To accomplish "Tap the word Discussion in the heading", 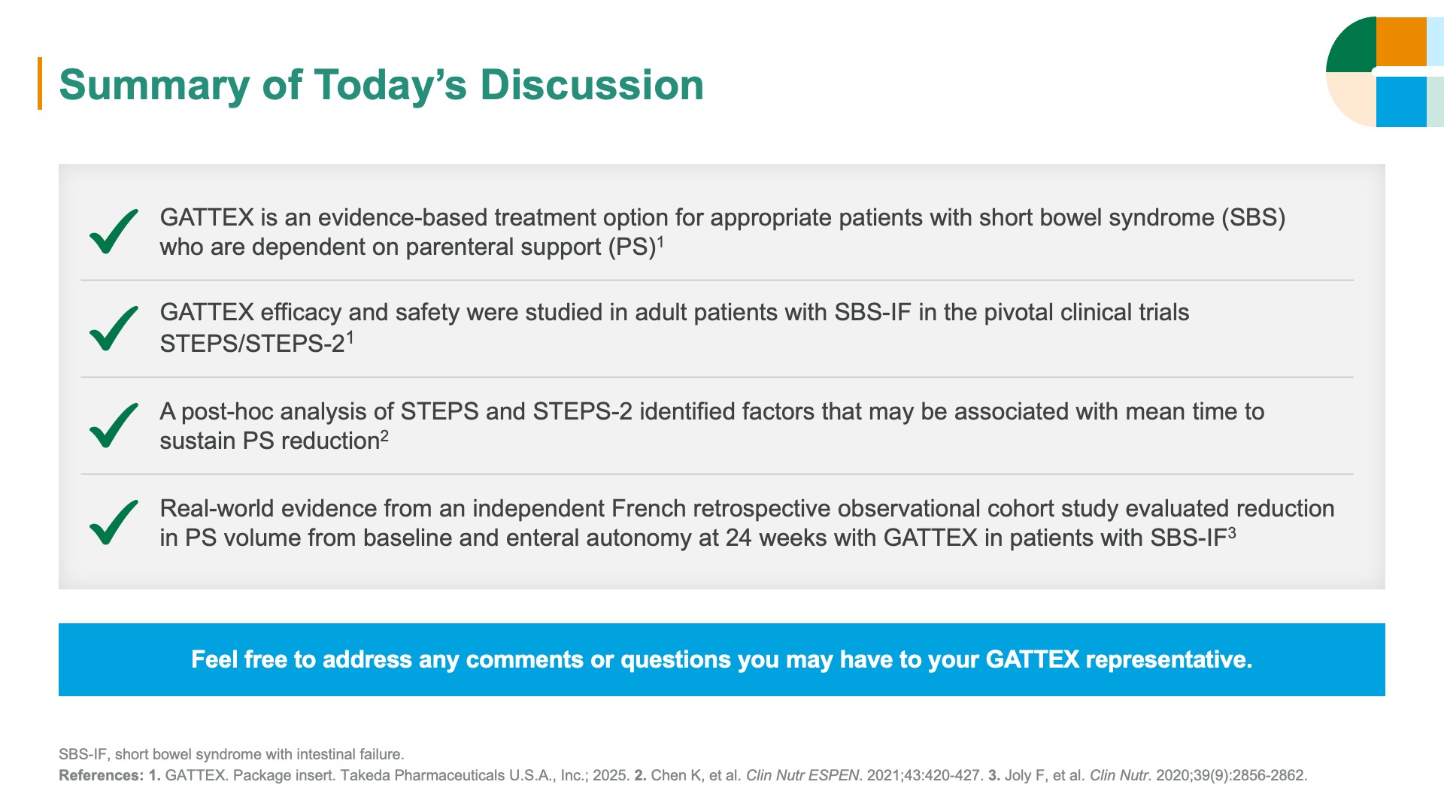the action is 592,84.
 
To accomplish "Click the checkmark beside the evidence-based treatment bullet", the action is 114,231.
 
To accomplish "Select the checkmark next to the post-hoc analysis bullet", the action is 114,425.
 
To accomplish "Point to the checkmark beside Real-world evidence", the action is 114,522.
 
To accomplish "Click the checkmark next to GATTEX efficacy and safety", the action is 114,328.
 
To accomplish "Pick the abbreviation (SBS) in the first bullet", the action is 1253,217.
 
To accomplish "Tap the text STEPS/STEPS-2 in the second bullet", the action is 252,344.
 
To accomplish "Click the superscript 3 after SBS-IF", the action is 1232,532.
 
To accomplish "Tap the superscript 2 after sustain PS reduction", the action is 384,435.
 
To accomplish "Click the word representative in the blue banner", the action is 1169,659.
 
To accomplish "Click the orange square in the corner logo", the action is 1401,42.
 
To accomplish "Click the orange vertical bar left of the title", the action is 40,83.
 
